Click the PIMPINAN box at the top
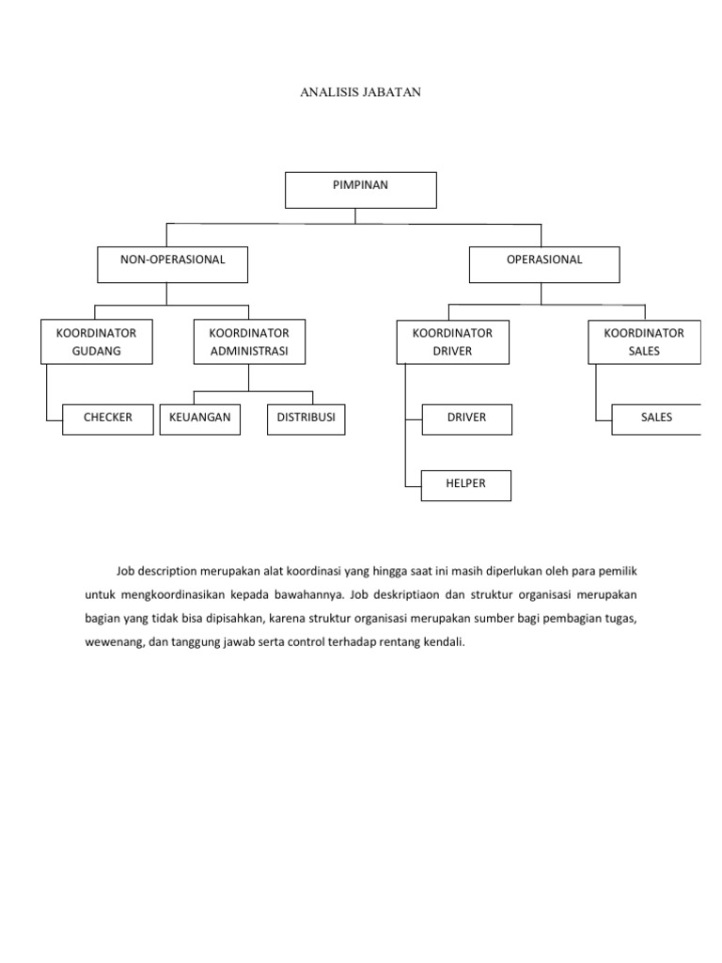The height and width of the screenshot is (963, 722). point(360,190)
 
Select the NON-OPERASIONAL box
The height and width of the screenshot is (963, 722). point(173,264)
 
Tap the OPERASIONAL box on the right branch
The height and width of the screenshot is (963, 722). point(544,264)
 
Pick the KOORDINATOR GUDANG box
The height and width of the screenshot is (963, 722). point(97,341)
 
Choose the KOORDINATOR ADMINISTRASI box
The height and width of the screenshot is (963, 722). point(249,341)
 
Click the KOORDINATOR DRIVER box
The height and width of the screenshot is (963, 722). point(452,342)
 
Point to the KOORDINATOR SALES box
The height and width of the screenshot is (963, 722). point(644,342)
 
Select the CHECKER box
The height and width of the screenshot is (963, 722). point(108,419)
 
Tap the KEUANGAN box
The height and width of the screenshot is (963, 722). point(200,419)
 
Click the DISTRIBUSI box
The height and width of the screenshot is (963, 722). point(306,419)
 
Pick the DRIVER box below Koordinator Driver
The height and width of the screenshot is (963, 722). point(466,419)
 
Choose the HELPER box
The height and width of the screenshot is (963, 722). point(466,486)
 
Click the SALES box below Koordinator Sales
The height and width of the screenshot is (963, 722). point(656,419)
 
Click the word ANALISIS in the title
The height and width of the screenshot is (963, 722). point(329,92)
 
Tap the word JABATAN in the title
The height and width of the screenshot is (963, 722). point(392,92)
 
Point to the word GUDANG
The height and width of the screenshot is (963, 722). point(97,352)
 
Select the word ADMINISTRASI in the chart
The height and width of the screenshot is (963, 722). point(249,352)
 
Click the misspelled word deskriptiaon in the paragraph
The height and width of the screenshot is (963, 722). point(409,595)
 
